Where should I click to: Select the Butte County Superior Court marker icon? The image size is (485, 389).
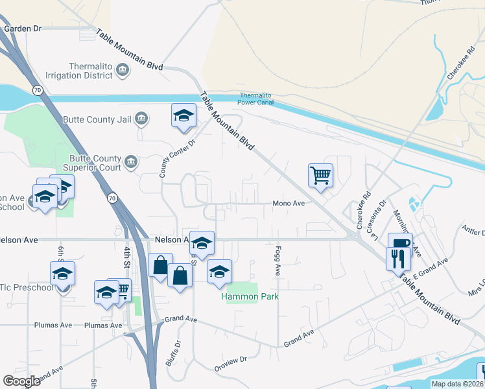(x=130, y=161)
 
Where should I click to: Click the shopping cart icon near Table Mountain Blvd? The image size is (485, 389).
(x=320, y=174)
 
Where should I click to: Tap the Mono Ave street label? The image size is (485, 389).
(x=289, y=203)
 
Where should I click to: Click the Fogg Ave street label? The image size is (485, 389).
(x=277, y=259)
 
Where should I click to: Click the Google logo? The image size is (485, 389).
(x=22, y=381)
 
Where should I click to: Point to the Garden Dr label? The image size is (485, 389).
(x=23, y=29)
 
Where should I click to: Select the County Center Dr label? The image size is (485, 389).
(x=167, y=158)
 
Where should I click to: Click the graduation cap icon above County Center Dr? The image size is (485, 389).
(x=183, y=115)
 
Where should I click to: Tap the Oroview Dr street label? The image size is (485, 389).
(x=235, y=359)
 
